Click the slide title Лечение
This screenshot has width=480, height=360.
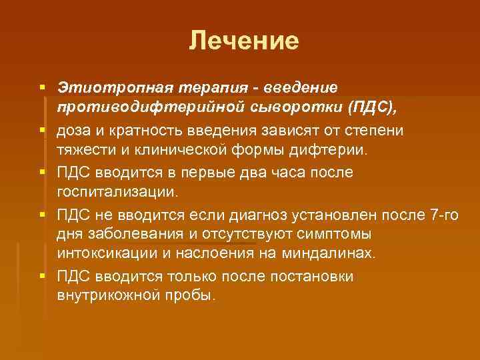click(243, 41)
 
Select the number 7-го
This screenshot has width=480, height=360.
click(440, 215)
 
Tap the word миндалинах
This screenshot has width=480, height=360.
click(331, 254)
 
